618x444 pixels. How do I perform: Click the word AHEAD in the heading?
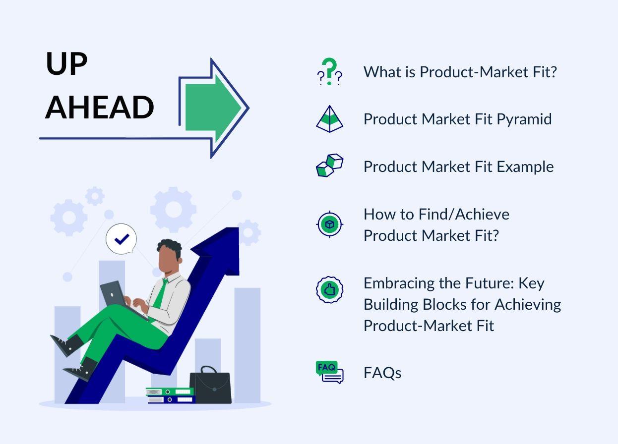click(99, 108)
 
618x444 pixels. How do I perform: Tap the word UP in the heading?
click(66, 64)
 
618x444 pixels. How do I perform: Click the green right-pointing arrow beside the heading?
click(213, 108)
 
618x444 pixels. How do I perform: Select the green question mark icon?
click(329, 71)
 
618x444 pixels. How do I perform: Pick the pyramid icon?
click(329, 119)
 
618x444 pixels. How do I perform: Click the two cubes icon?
click(329, 166)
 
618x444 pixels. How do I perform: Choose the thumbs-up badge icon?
click(329, 290)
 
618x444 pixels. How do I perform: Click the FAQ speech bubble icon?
click(329, 372)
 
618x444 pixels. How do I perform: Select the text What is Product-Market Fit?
click(460, 72)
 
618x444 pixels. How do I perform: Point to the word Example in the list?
click(525, 166)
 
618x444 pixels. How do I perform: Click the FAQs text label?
click(382, 373)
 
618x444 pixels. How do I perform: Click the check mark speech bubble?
click(121, 240)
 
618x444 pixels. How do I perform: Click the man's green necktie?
click(160, 295)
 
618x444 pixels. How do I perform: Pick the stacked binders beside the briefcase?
click(170, 395)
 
